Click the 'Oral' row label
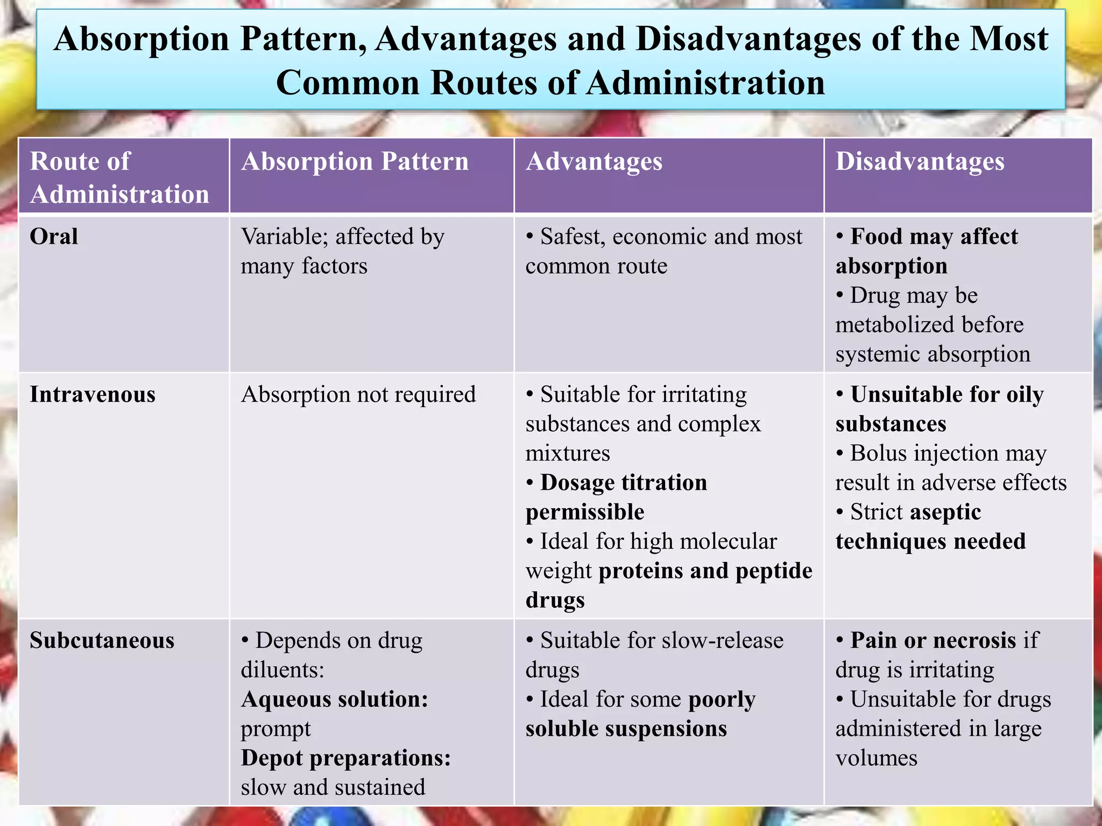pos(54,237)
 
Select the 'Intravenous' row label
pos(93,395)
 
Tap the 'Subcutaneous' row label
pos(102,640)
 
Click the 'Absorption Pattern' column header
pos(355,161)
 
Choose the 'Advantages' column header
pos(594,161)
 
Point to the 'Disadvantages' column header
pos(920,161)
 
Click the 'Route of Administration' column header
pos(119,177)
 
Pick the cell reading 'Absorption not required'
pos(358,395)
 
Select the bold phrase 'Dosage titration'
pos(624,482)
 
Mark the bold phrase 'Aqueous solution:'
pos(335,699)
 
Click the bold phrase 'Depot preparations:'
pos(346,758)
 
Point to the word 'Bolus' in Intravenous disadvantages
pos(877,453)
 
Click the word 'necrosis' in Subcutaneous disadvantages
pos(974,640)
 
